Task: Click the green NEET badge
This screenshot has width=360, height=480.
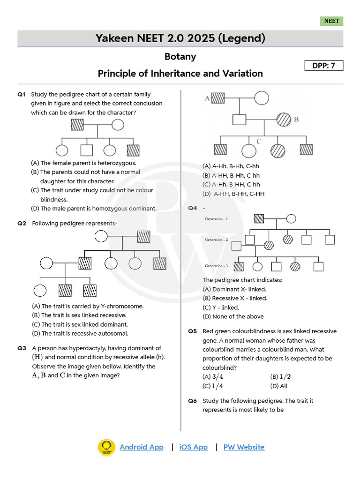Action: click(332, 21)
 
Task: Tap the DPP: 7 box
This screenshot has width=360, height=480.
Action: click(323, 66)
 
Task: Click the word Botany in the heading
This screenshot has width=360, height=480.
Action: click(180, 57)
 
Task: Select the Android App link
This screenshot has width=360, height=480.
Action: click(142, 447)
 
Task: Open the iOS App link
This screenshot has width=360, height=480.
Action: click(193, 447)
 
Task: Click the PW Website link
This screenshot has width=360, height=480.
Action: click(244, 447)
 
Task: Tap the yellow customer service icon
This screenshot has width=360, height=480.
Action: click(106, 448)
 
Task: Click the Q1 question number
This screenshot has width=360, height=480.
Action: click(22, 94)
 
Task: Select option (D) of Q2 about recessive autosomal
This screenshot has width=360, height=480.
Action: click(80, 333)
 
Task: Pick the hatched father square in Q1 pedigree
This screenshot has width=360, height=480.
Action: click(77, 125)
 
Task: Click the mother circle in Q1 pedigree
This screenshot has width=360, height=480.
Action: click(118, 125)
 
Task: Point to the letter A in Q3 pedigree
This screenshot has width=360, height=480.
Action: click(207, 98)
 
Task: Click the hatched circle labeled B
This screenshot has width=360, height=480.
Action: click(283, 120)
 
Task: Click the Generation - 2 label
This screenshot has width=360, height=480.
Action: click(217, 240)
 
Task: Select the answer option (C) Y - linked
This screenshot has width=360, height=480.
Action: click(221, 307)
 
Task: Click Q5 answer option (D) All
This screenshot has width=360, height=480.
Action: click(279, 386)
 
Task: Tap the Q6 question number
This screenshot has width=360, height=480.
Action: click(193, 401)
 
